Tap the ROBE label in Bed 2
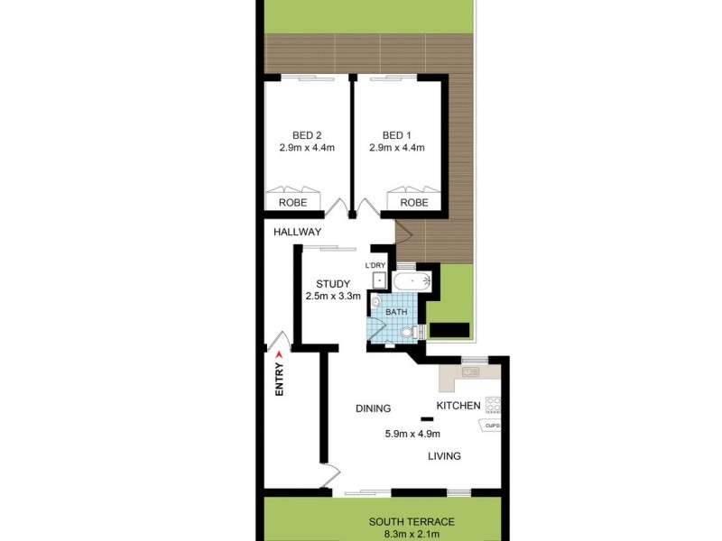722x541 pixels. [x=292, y=203]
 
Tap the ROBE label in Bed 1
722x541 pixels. [x=414, y=203]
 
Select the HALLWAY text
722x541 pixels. [x=298, y=232]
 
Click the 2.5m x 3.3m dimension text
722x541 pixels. [x=333, y=296]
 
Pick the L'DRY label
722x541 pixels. [x=375, y=265]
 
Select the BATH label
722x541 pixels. [x=397, y=313]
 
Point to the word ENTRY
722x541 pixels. [x=279, y=379]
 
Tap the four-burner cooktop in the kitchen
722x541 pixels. [x=493, y=405]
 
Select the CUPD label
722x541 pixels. [x=493, y=426]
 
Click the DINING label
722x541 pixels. [x=373, y=408]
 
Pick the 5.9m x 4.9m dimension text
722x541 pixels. [x=412, y=433]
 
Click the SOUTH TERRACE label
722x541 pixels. [x=412, y=522]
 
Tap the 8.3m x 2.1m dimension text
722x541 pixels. [x=412, y=535]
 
